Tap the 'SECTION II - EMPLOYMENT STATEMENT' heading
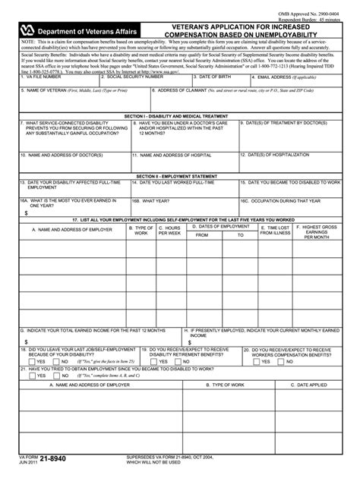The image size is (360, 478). tap(179, 175)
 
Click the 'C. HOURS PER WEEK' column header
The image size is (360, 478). tap(169, 230)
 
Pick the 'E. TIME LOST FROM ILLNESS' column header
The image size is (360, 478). tap(276, 230)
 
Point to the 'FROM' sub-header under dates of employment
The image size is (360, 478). tap(202, 235)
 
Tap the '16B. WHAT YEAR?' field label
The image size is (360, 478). tap(152, 201)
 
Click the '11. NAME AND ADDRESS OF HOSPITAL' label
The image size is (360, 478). tap(172, 154)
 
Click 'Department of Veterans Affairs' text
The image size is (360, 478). tap(89, 30)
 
